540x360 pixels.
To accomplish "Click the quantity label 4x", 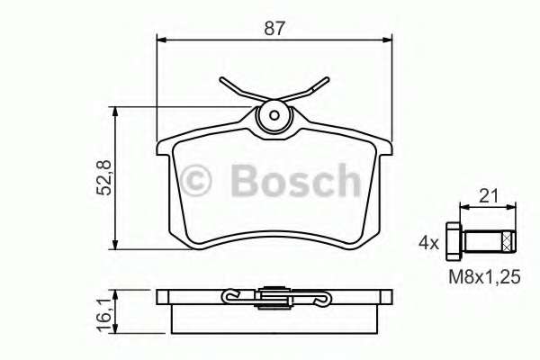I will (429, 242).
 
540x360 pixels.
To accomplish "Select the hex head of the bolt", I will (454, 241).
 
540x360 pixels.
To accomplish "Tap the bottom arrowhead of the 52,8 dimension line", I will (116, 245).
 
